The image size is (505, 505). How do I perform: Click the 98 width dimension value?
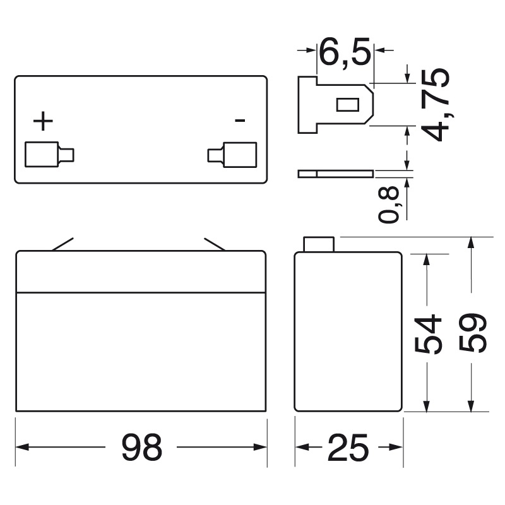click(x=141, y=448)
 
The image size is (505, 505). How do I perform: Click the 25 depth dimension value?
click(x=348, y=448)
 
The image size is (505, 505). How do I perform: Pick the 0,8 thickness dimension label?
click(x=391, y=205)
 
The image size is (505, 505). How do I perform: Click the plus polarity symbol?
click(x=43, y=121)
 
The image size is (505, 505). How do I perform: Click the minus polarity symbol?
click(x=239, y=120)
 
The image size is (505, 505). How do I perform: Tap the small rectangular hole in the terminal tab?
click(x=347, y=104)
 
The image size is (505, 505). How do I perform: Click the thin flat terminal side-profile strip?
click(x=335, y=173)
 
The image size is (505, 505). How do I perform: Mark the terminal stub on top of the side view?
click(x=319, y=244)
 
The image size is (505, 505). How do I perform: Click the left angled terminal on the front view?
click(x=62, y=244)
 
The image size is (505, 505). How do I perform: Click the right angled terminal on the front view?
click(x=215, y=244)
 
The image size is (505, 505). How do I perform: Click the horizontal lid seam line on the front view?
click(x=141, y=292)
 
